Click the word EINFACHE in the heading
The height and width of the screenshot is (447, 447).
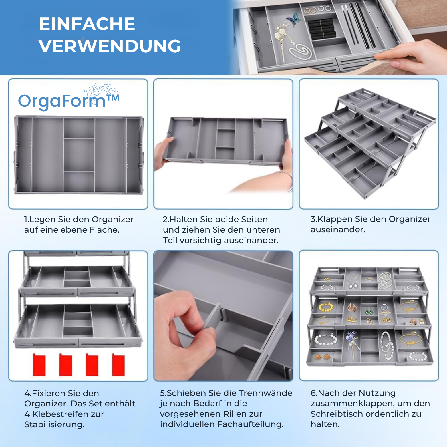[x=87, y=24]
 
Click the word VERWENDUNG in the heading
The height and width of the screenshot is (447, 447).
[x=110, y=46]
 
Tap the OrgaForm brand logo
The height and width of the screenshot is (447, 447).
[x=69, y=99]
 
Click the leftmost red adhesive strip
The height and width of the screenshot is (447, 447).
[x=39, y=365]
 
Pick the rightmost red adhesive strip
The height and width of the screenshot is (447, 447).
[x=118, y=365]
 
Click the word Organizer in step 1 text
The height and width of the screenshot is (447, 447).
[x=112, y=219]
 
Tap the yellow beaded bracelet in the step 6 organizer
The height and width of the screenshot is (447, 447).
[x=326, y=307]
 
